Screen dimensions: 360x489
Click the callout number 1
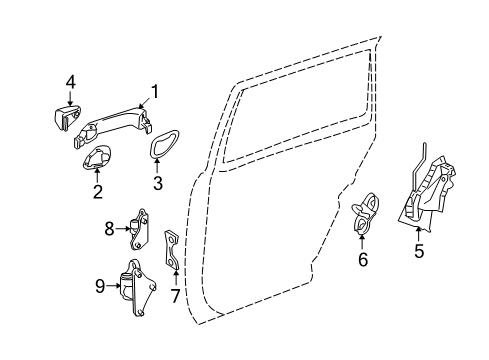click(155, 93)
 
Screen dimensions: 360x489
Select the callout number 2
click(98, 191)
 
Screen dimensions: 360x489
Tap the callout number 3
click(157, 184)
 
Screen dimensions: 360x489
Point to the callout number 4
click(71, 82)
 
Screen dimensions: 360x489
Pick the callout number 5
click(419, 251)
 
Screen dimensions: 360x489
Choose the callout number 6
click(363, 260)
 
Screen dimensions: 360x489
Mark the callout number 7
click(177, 295)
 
